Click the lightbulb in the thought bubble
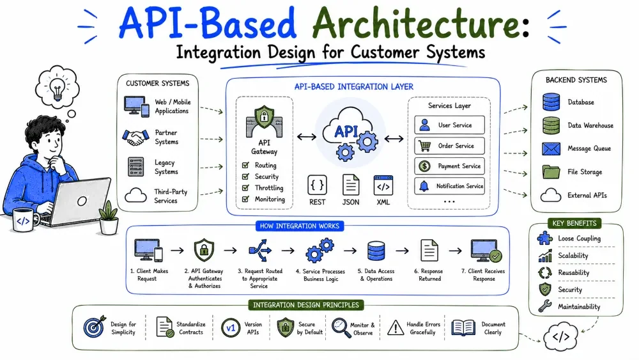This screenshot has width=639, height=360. pos(57,88)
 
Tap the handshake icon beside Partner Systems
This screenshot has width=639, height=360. pos(135,137)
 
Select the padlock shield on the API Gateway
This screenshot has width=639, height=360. pos(264,117)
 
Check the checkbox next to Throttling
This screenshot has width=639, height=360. pos(245,188)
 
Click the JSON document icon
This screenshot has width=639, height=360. pos(350,185)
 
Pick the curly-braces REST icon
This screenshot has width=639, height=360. pos(317,185)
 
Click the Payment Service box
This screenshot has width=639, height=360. pos(449,166)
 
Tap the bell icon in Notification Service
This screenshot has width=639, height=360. pos(424,186)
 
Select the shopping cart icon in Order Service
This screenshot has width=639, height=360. pos(425,146)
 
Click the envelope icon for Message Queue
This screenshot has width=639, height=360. pos(551,149)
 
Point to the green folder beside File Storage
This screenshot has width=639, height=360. pos(551,172)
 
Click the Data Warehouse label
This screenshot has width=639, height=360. pos(590,125)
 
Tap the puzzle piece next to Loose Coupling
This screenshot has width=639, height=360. pos(545,238)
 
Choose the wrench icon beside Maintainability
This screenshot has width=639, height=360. pos(545,306)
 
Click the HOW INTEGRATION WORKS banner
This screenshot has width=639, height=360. pos(300,226)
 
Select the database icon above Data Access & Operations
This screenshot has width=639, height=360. pos(376,251)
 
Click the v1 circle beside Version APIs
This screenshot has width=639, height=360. pos(231,328)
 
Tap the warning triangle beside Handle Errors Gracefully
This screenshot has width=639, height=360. pos(396,327)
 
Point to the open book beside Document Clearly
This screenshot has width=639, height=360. pos(463,328)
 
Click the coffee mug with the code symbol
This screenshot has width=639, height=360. pos(24,221)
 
